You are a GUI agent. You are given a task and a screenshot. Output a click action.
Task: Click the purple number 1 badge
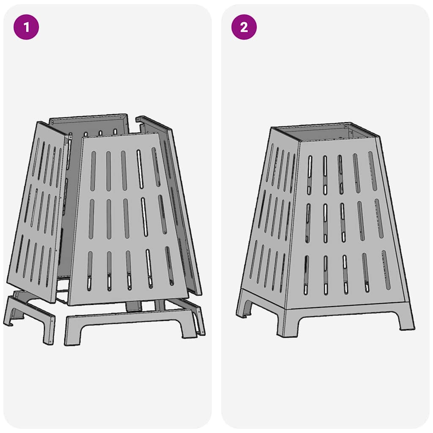(x=27, y=27)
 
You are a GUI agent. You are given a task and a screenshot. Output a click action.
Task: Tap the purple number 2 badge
(x=244, y=27)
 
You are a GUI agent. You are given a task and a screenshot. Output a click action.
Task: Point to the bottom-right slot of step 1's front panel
(x=170, y=266)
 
